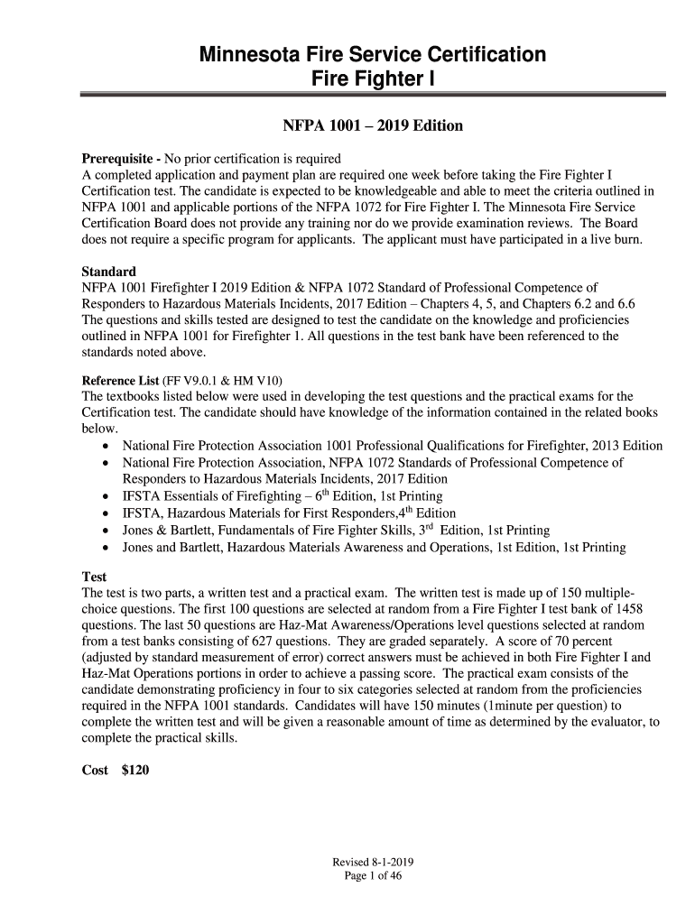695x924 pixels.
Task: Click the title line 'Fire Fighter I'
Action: [373, 79]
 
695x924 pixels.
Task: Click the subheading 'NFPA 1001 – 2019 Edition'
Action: [373, 125]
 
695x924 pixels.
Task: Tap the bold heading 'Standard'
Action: [109, 272]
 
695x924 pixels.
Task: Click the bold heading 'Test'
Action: [94, 577]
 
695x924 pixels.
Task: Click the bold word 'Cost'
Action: [95, 770]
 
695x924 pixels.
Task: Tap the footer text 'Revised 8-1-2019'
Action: [373, 862]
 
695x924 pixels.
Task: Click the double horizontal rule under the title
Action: [373, 94]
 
